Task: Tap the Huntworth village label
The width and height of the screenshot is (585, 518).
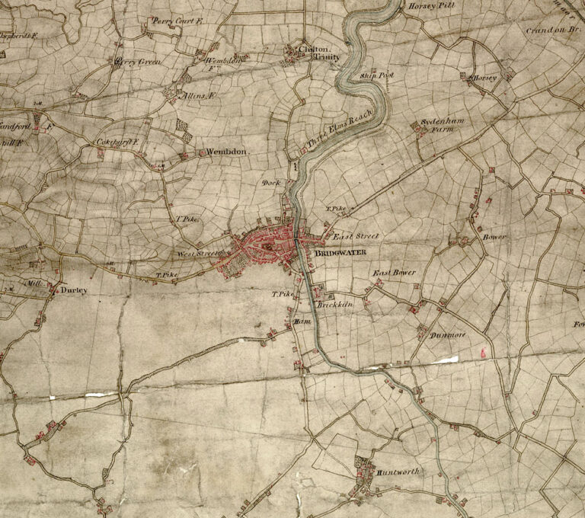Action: pyautogui.click(x=398, y=472)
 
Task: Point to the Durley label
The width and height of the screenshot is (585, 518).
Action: pyautogui.click(x=74, y=290)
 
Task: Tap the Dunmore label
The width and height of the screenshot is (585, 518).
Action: pyautogui.click(x=447, y=336)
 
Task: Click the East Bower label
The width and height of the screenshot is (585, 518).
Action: pyautogui.click(x=393, y=273)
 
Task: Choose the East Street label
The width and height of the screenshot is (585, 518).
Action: pyautogui.click(x=356, y=237)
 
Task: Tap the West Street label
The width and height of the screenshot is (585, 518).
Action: pyautogui.click(x=197, y=254)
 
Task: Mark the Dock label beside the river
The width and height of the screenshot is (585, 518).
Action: pyautogui.click(x=271, y=183)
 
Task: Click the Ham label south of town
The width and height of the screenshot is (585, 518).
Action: pyautogui.click(x=299, y=322)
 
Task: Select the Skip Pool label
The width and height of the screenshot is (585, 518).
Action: pyautogui.click(x=376, y=76)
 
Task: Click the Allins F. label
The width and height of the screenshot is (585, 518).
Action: pyautogui.click(x=200, y=96)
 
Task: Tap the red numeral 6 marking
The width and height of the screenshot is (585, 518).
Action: pyautogui.click(x=483, y=352)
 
